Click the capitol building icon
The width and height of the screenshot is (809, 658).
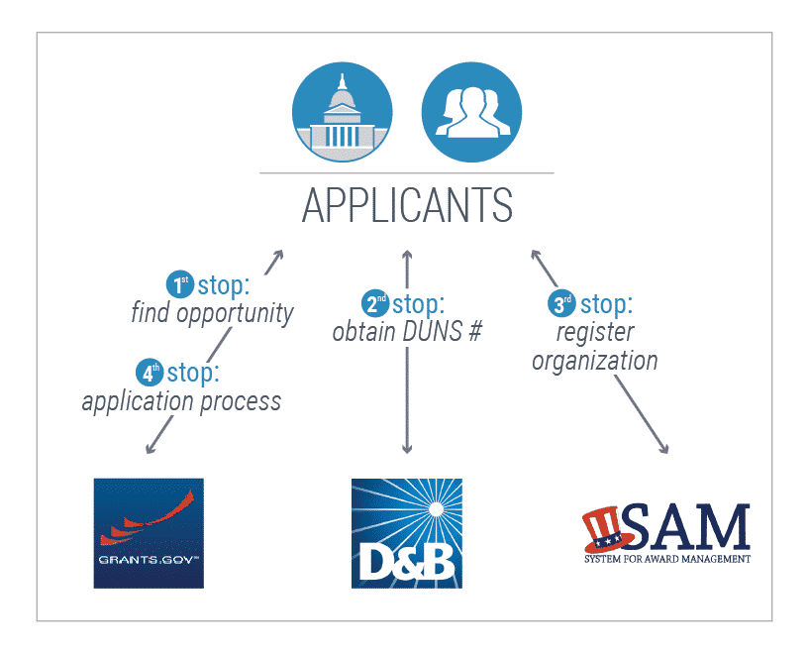[x=342, y=112]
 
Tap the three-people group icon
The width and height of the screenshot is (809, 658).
[x=471, y=112]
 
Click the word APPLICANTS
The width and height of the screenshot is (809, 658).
[x=407, y=205]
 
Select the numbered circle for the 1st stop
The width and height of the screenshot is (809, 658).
[x=180, y=284]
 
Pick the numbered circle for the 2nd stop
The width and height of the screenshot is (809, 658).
[x=375, y=303]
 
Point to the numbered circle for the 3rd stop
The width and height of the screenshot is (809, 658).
[x=561, y=303]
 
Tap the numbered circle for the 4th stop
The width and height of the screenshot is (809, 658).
[x=150, y=372]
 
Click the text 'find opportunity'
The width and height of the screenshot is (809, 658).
[x=212, y=313]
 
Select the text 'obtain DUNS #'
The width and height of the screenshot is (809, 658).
[x=407, y=332]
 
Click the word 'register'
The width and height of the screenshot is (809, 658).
[x=595, y=333]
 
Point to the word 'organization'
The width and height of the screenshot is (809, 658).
[x=595, y=361]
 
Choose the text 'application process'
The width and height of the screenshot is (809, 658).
[x=181, y=401]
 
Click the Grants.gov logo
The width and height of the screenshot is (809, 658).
[x=149, y=533]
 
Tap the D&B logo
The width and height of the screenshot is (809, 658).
[x=407, y=533]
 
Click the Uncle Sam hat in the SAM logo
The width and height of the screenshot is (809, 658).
[x=607, y=529]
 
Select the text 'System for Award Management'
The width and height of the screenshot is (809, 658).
[x=667, y=559]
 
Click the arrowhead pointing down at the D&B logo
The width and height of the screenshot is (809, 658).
[x=407, y=449]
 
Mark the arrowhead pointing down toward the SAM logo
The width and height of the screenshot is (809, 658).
[x=664, y=449]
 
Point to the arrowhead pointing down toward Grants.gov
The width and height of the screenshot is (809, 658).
[x=151, y=449]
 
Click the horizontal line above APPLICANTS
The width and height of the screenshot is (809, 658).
[x=407, y=173]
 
